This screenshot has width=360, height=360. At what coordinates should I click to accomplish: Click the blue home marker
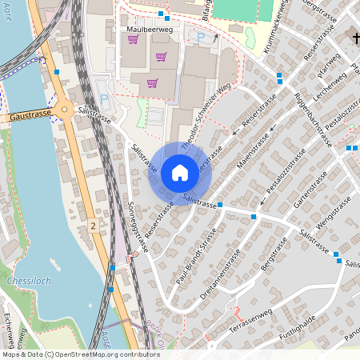click(x=180, y=173)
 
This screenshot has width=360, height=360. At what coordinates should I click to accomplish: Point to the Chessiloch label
click(x=29, y=282)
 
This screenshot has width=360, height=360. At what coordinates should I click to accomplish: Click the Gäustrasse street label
click(x=30, y=116)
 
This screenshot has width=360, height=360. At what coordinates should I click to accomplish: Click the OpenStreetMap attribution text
click(x=80, y=354)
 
